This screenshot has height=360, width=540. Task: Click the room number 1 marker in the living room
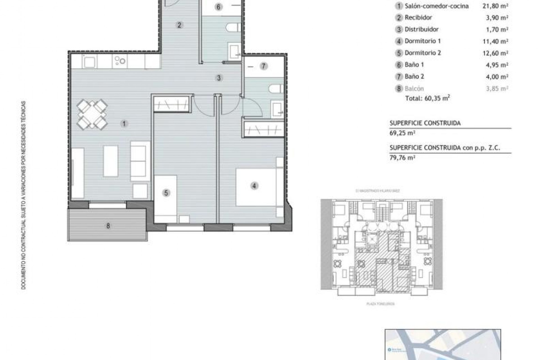(124, 123)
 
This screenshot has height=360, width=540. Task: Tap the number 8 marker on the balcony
(108, 226)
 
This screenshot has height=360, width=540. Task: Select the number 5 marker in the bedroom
(166, 193)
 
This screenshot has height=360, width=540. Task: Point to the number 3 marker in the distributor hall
(219, 78)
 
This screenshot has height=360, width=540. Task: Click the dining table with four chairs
(92, 114)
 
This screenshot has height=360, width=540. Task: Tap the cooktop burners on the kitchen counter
(120, 61)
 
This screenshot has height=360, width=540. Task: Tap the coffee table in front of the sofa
(111, 161)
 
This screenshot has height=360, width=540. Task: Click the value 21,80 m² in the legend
(495, 6)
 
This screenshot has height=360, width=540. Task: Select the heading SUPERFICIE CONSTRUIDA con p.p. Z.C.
(445, 148)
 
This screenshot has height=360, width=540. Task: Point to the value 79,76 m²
(402, 158)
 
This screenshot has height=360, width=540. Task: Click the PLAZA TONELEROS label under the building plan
(381, 304)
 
